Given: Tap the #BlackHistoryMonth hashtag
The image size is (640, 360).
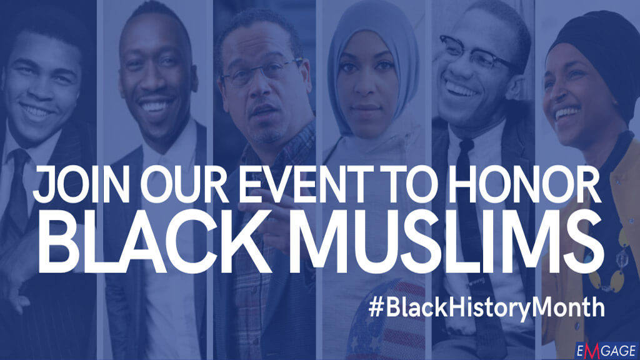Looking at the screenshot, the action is [486, 306].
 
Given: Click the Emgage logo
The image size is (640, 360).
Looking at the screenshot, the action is [606, 351].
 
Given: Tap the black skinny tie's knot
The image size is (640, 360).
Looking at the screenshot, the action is [465, 145].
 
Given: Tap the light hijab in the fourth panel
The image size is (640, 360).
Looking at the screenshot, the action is [374, 69].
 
